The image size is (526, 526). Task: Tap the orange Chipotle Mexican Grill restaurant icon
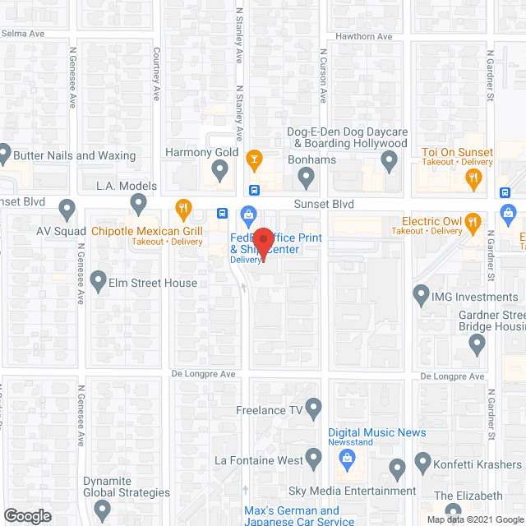(x=183, y=207)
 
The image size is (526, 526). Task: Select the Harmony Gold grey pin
(x=219, y=171)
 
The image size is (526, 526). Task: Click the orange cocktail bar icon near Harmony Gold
(x=255, y=158)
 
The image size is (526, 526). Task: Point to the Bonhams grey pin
(x=307, y=175)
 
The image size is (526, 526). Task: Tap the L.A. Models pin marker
(x=138, y=202)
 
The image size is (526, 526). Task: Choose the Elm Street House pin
(x=99, y=281)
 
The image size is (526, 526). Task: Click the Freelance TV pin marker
(x=313, y=407)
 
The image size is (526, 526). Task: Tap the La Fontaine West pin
(x=313, y=458)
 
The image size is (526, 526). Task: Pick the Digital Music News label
(x=376, y=432)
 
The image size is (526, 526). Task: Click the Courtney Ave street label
(x=156, y=73)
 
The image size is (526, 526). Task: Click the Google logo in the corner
(x=27, y=515)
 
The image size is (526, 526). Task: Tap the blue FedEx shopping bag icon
(x=247, y=216)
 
